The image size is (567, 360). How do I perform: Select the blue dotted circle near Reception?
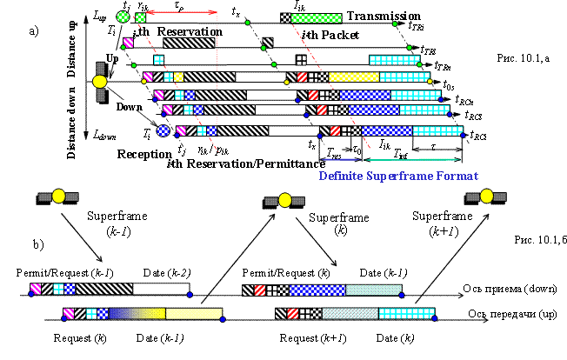(x=163, y=131)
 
